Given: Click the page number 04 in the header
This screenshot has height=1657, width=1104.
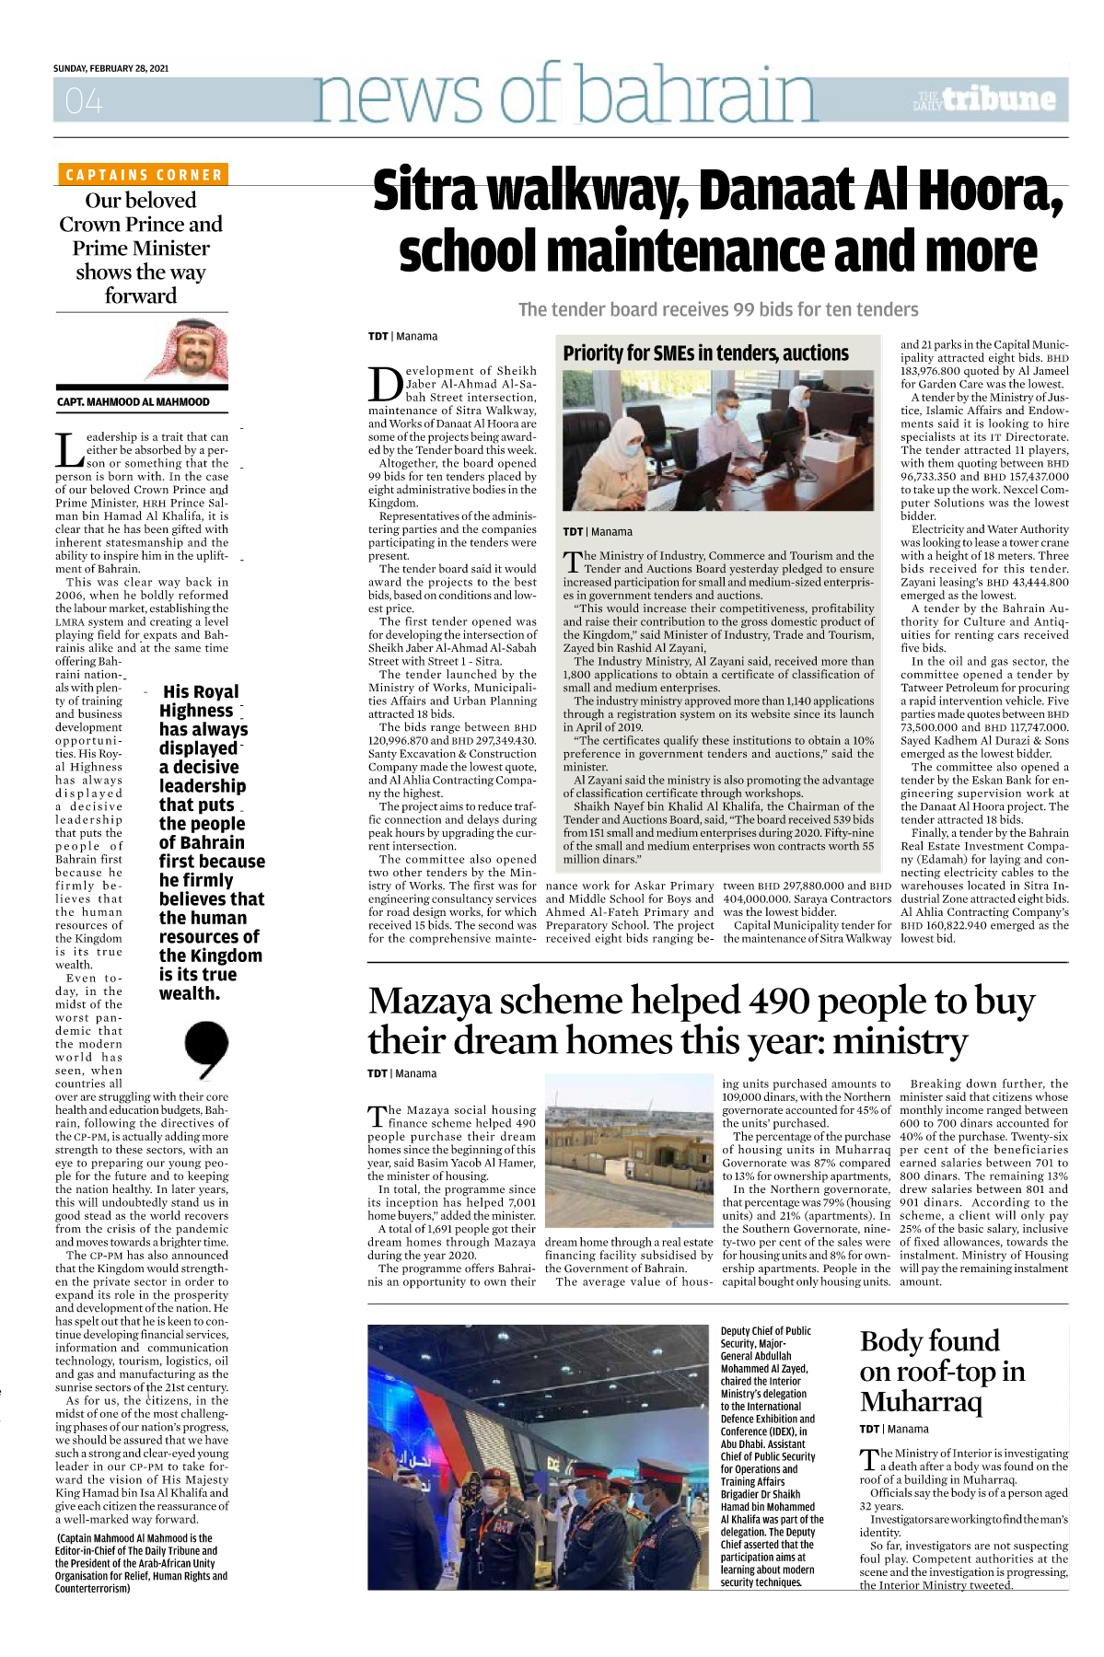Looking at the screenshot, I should pos(84,100).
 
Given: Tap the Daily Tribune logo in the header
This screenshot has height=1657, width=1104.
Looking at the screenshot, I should pos(985,99).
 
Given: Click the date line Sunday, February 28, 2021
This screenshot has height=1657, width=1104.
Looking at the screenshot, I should pos(110,68).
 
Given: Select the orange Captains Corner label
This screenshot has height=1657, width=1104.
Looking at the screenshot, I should pos(143,174).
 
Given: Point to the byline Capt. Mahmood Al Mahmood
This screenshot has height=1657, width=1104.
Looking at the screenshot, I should pos(134,402).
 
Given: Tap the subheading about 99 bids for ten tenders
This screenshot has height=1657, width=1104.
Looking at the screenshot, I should pos(718,309).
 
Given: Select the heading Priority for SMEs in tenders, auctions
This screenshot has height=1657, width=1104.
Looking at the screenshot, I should pos(705,353).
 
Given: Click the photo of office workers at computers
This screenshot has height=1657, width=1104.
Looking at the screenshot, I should pos(718,440).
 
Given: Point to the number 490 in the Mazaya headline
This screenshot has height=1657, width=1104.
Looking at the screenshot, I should pos(779,1002).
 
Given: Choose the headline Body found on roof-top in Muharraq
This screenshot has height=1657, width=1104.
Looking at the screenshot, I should pos(942,1371).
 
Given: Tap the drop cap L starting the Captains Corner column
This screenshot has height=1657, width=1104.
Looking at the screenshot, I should pos(68,450).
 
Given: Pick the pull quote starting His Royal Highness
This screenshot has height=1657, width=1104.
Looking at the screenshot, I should pos(212,841).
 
